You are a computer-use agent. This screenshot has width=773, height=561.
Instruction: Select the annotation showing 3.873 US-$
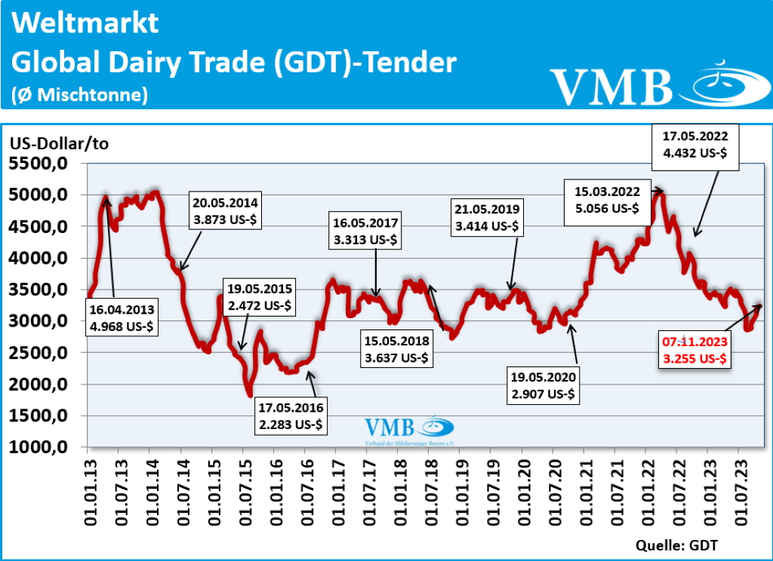[x=225, y=210]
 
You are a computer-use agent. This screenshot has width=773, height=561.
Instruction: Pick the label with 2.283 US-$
[x=291, y=416]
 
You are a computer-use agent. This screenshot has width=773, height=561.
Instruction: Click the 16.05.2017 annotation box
[x=364, y=231]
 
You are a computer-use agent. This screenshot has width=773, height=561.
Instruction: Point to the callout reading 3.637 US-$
[x=396, y=348]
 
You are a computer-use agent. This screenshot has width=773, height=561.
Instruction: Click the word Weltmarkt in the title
[x=85, y=24]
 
